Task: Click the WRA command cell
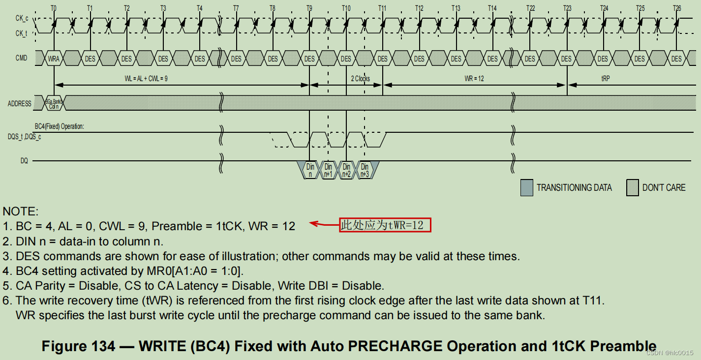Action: [x=54, y=59]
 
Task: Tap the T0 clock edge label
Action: [x=54, y=8]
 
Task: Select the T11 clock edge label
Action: [x=382, y=8]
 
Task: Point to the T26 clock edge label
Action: [x=677, y=8]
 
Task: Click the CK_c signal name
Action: [x=22, y=18]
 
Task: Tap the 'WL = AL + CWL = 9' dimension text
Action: [x=146, y=79]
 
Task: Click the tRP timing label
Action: [x=606, y=79]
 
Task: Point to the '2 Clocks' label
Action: [x=360, y=79]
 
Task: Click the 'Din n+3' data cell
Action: [x=365, y=171]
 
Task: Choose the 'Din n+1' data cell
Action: [x=328, y=171]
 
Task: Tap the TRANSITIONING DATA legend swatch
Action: [x=526, y=188]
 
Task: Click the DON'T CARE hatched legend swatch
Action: [x=632, y=188]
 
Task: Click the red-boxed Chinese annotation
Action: [x=385, y=225]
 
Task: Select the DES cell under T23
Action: [x=567, y=59]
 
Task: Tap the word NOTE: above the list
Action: [x=20, y=211]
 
